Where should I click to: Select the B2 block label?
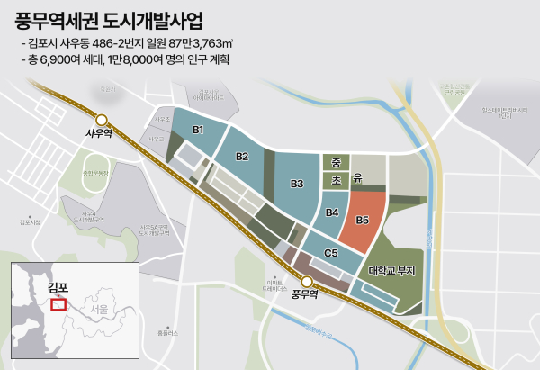point(242,157)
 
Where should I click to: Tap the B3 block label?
point(297,184)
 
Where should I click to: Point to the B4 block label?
point(331,213)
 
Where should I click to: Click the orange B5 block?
point(363,220)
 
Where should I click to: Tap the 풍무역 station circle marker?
point(306,282)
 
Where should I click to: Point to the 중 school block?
point(336,163)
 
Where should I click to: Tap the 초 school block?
point(336,180)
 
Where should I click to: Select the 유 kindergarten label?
point(357,180)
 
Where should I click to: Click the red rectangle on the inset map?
point(59,304)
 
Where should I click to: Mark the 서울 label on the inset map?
point(93,309)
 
